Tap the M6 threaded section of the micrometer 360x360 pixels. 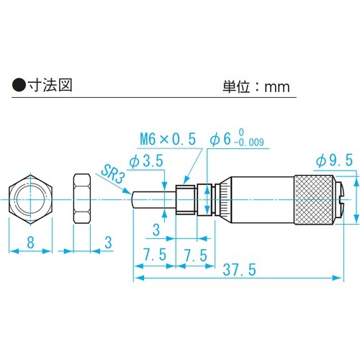pos(186,198)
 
